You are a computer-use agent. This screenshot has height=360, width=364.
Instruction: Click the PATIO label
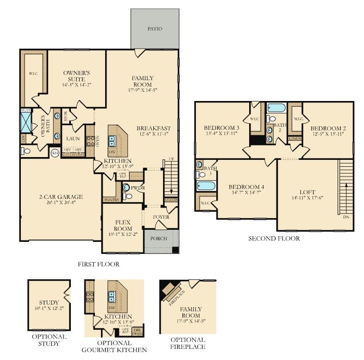pyautogui.click(x=155, y=29)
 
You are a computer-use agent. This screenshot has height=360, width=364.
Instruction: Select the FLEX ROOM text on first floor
pyautogui.click(x=123, y=226)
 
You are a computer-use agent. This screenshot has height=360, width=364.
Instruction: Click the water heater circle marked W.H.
pyautogui.click(x=55, y=153)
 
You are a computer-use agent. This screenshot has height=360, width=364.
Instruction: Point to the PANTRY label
pyautogui.click(x=111, y=200)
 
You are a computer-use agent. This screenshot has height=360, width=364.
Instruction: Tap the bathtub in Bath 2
pyautogui.click(x=276, y=108)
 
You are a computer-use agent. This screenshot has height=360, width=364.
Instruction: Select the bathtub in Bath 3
pyautogui.click(x=206, y=186)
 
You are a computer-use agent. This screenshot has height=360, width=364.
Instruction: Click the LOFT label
pyautogui.click(x=307, y=192)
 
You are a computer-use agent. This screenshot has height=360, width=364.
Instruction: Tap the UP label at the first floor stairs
pyautogui.click(x=171, y=159)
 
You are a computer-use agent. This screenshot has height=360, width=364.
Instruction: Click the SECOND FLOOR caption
pyautogui.click(x=274, y=239)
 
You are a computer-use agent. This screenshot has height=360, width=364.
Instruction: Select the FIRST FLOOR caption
pyautogui.click(x=99, y=264)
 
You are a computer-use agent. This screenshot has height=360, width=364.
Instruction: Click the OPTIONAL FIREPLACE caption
pyautogui.click(x=188, y=343)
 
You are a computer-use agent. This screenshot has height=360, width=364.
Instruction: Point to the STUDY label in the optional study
pyautogui.click(x=49, y=303)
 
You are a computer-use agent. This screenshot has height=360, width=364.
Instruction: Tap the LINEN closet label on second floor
pyautogui.click(x=295, y=138)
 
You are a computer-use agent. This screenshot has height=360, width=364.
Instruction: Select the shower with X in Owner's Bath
pyautogui.click(x=25, y=122)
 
